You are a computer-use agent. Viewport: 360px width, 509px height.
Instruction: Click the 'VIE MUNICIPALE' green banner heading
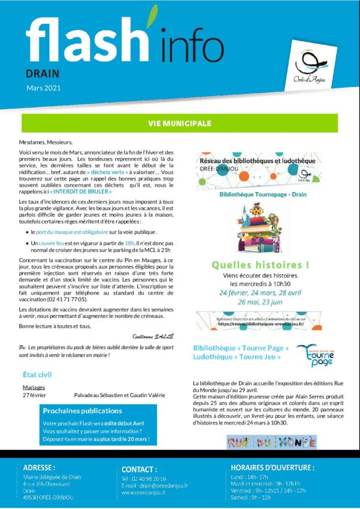(180, 123)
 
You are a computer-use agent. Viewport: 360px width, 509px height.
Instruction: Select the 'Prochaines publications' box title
(82, 411)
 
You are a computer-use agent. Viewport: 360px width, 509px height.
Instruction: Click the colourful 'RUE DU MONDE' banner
(271, 443)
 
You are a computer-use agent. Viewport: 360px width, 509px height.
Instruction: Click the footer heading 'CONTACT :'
(139, 469)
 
